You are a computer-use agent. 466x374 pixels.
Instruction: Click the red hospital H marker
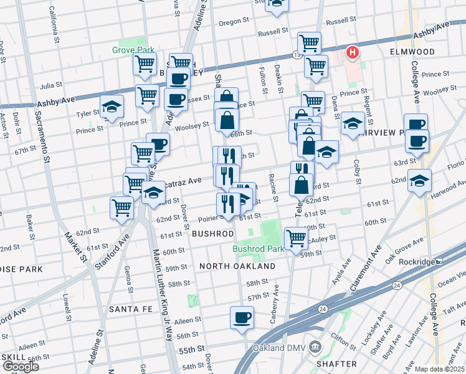pyautogui.click(x=353, y=52)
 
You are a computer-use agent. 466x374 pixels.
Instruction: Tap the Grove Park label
pyautogui.click(x=129, y=49)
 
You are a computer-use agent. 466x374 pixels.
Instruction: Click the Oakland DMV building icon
pyautogui.click(x=315, y=347)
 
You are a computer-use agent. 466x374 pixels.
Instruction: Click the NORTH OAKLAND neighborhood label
pyautogui.click(x=237, y=266)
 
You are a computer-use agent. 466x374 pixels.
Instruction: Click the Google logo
pyautogui.click(x=21, y=367)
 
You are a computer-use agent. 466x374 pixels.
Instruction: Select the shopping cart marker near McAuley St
pyautogui.click(x=296, y=237)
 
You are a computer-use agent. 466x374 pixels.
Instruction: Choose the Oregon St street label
pyautogui.click(x=234, y=22)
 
